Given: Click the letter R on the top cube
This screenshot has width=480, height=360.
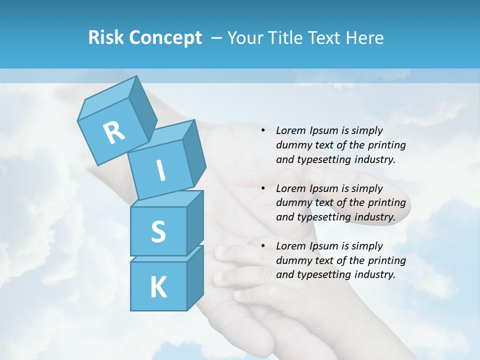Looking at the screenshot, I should click(x=114, y=132).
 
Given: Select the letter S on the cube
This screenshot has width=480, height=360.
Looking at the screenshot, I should click(x=158, y=232).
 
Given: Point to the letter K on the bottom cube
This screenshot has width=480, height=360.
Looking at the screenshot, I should click(x=158, y=287).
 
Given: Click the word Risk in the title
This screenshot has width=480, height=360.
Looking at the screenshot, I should click(x=105, y=38).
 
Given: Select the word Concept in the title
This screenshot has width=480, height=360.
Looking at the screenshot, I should click(x=165, y=38).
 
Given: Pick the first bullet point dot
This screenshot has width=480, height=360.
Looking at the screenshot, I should click(x=263, y=130).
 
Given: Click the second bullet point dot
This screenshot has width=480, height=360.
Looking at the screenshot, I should click(x=263, y=188).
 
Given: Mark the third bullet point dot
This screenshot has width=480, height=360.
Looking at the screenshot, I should click(x=263, y=246).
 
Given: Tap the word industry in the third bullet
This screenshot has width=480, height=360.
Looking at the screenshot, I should click(x=375, y=274).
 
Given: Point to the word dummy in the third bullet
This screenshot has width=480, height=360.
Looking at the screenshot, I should click(x=293, y=260).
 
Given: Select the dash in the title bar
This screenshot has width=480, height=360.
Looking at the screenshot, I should click(x=217, y=38).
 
